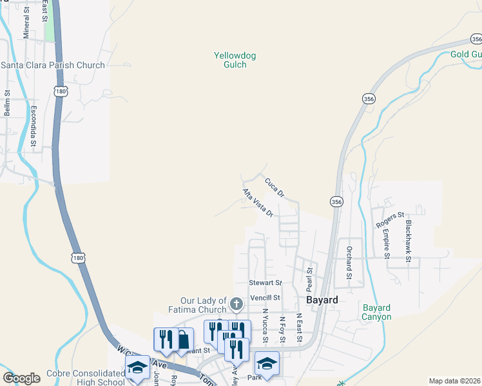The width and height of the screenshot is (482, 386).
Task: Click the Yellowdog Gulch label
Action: click(235, 60)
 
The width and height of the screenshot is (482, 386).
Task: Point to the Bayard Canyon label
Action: click(377, 312)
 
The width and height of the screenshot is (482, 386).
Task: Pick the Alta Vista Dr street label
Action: click(258, 203)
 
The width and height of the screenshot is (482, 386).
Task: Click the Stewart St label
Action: click(265, 282)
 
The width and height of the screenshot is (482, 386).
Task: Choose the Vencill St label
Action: click(265, 298)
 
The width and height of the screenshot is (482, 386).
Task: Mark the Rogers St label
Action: click(390, 219)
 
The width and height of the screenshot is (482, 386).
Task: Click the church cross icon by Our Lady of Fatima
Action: click(236, 302)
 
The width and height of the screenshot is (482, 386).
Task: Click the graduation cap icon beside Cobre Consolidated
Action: click(137, 367)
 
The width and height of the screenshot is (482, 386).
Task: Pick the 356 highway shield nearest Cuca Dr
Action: click(337, 201)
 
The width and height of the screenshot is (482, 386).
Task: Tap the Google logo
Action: click(21, 378)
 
